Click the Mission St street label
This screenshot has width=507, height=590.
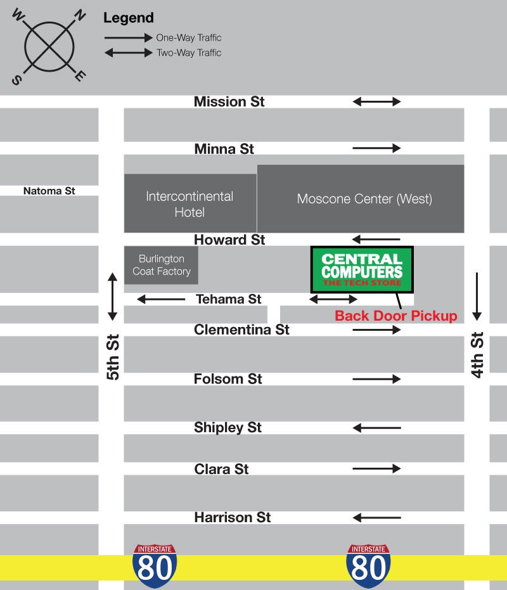[x=229, y=101]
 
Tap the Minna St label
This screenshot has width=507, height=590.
[x=224, y=149]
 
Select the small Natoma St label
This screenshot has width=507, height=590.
[x=49, y=190]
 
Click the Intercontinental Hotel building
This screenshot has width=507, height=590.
[x=189, y=203]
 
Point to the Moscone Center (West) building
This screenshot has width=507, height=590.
[x=364, y=199]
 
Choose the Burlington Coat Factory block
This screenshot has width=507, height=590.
[x=161, y=265]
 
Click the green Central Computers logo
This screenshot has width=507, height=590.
[x=361, y=269]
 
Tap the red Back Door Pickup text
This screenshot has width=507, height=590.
[x=395, y=316]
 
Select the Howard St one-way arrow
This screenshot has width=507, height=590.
[x=376, y=240]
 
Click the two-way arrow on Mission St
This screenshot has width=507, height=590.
[x=376, y=101]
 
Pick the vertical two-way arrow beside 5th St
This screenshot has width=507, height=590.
[x=113, y=296]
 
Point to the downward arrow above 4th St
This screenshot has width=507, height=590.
[x=477, y=296]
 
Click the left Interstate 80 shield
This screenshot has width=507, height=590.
[x=155, y=566]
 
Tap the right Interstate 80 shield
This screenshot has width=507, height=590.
[x=368, y=566]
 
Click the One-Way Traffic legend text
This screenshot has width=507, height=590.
[x=189, y=38]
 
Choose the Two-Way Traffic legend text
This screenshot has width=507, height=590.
[x=189, y=53]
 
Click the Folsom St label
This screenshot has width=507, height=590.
[x=228, y=379]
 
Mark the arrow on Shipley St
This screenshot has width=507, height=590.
[x=376, y=428]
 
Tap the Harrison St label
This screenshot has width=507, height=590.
[x=232, y=518]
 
